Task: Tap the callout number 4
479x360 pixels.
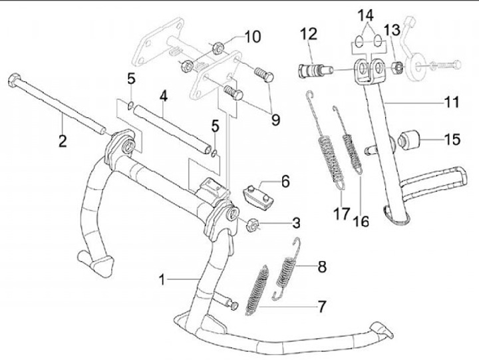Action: point(162,95)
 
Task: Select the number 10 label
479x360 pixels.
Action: point(253,36)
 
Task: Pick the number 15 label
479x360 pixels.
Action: point(452,140)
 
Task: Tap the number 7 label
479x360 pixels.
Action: point(321,307)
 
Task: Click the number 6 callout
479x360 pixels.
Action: point(284,180)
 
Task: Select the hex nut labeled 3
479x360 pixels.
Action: point(253,224)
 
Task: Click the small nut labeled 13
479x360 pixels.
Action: point(395,68)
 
